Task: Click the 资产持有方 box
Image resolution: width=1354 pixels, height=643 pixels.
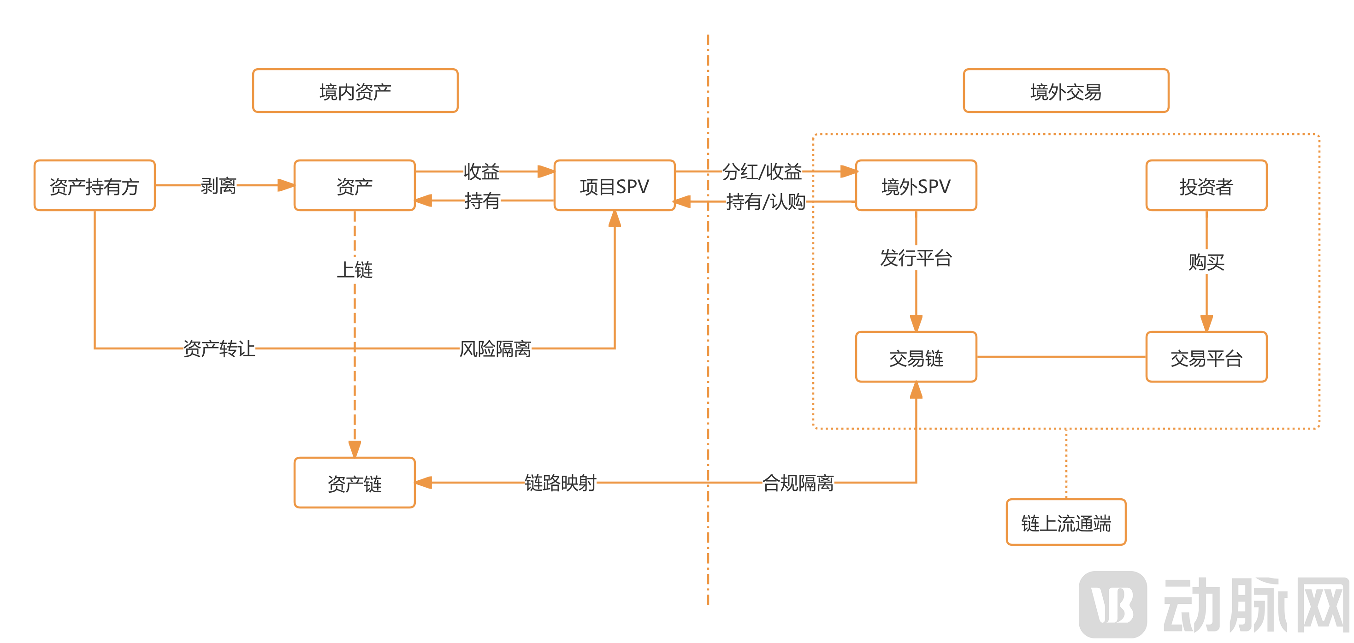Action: (95, 186)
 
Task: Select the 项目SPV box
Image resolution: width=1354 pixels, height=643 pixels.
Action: (615, 186)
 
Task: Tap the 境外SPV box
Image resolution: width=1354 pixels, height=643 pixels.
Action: (916, 186)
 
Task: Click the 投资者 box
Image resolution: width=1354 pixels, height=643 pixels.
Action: (1206, 186)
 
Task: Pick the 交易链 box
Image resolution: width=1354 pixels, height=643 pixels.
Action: (916, 358)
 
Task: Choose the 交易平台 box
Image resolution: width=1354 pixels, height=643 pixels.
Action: (1206, 358)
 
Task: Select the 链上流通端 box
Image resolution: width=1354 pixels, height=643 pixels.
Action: (1066, 523)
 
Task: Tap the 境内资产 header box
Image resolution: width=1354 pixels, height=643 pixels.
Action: (355, 91)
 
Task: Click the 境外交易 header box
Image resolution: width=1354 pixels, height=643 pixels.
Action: (1066, 91)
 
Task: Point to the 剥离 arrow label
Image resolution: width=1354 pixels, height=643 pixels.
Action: (219, 185)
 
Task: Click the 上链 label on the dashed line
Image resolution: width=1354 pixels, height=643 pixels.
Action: (355, 270)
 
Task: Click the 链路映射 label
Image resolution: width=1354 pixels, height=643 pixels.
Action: (560, 482)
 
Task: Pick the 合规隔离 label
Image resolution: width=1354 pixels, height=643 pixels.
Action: (798, 482)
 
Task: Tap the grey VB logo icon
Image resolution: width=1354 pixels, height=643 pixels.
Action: (1112, 604)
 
